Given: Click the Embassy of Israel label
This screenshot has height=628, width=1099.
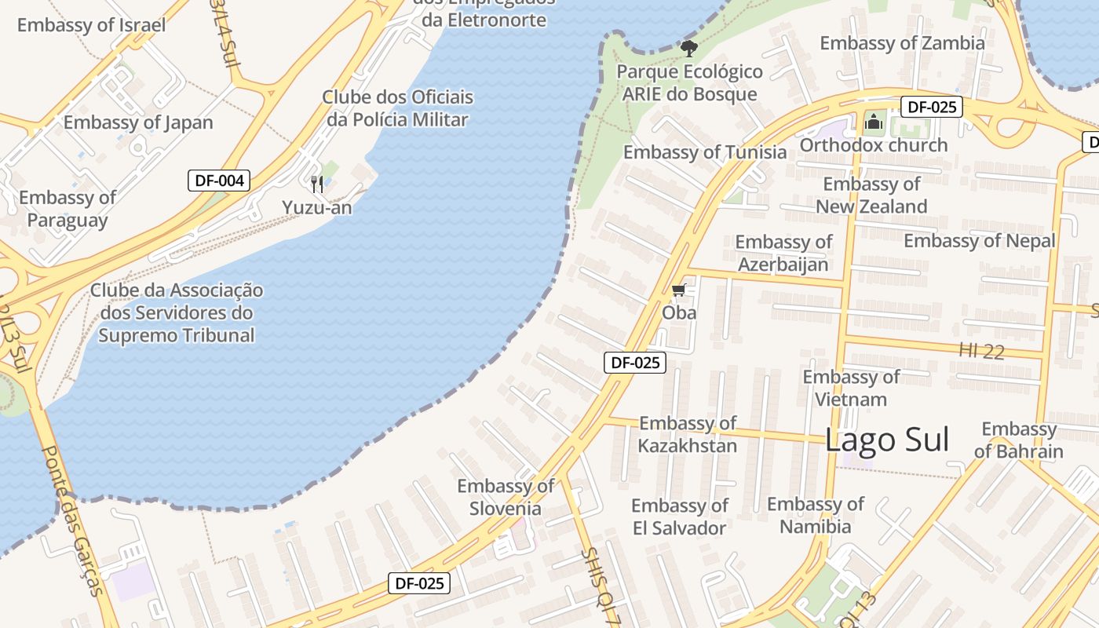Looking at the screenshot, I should (91, 25).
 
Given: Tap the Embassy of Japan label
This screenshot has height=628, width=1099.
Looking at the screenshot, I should (138, 122).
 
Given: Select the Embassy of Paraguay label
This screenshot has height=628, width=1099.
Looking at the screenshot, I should (68, 209).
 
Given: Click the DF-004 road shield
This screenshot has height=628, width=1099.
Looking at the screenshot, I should (219, 181).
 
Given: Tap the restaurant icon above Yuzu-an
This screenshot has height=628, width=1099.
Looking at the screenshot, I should (317, 184).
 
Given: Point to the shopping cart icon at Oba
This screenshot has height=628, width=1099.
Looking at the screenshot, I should (679, 290).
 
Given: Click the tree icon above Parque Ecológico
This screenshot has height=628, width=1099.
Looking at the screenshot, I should (688, 49).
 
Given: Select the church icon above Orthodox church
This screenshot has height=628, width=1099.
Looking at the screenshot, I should (874, 122).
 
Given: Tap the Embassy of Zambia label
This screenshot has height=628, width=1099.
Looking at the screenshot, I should (902, 43).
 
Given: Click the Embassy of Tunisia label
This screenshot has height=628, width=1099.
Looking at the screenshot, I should (704, 152).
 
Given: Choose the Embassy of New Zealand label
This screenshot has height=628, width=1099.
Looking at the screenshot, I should (871, 195).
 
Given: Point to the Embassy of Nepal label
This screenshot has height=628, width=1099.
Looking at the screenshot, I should (979, 241).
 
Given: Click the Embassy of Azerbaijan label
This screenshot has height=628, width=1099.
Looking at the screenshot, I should (783, 253).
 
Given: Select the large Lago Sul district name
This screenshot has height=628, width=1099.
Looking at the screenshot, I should (887, 440).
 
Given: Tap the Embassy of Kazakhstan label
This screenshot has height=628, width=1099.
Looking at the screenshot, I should (688, 435).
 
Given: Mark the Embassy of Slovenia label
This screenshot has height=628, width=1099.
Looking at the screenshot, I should (506, 497).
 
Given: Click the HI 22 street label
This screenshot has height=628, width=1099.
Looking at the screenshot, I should (981, 351).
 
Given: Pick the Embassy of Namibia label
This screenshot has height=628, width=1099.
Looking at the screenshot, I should (815, 515).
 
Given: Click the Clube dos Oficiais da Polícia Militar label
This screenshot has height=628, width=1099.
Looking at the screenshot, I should (398, 108).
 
